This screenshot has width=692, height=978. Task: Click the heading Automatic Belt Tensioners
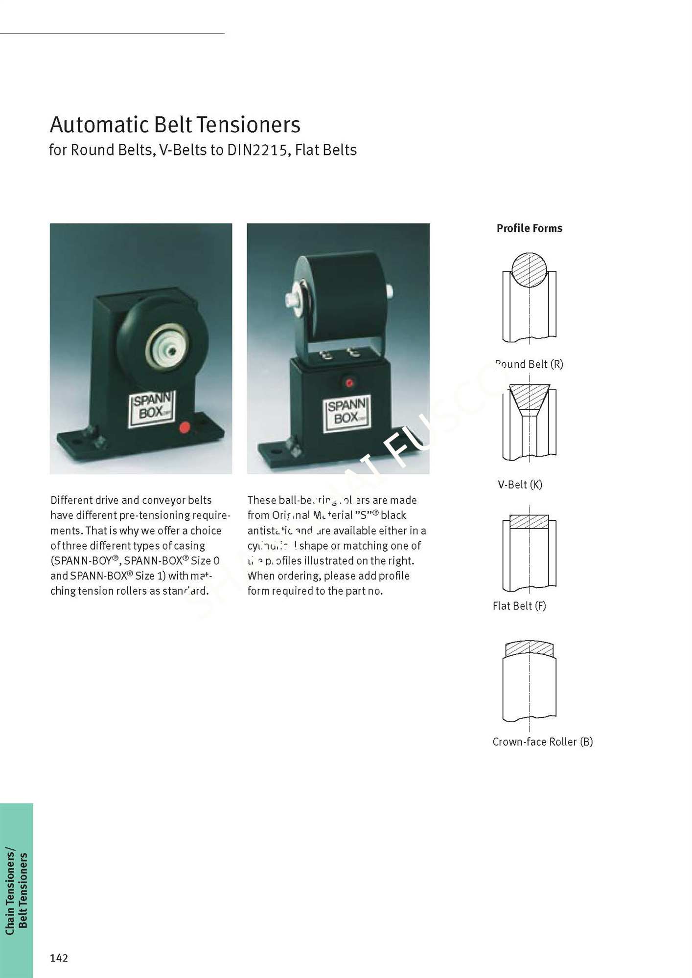175,125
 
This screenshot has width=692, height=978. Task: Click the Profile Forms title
529,228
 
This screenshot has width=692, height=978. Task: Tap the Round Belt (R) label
529,364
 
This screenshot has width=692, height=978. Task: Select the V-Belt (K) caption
520,485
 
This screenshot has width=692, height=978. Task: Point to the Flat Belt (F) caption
519,606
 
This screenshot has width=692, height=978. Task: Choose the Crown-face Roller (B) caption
542,742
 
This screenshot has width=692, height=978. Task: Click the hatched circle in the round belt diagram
529,270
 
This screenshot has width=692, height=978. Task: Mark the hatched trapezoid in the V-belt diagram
530,397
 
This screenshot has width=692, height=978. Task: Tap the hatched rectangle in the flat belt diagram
529,522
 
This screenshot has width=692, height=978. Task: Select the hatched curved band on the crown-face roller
529,648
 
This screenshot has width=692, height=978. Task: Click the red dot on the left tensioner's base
185,427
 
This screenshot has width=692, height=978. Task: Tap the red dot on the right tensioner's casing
349,383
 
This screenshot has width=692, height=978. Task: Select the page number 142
59,958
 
